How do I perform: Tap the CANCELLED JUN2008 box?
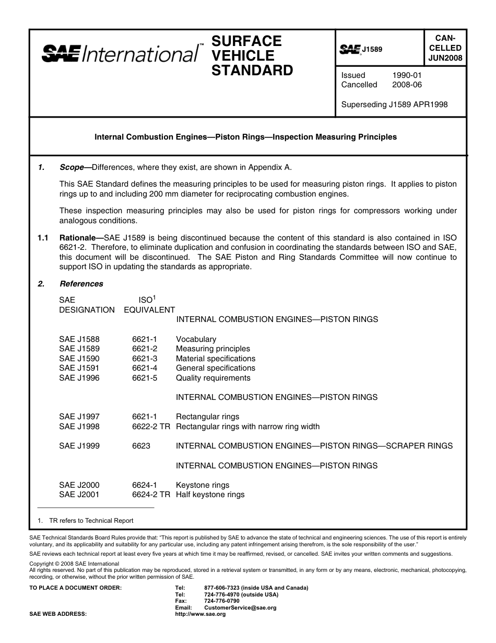445,48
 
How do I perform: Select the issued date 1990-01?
407,75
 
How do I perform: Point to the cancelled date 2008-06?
407,85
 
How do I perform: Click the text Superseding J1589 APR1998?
394,104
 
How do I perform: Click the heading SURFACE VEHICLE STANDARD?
252,55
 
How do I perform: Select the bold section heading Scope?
72,168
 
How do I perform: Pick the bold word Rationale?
77,238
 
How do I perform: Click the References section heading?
81,284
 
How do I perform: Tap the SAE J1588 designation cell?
79,339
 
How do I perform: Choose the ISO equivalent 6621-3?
145,359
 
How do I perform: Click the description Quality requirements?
213,378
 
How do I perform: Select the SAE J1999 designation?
79,446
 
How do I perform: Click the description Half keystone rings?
210,495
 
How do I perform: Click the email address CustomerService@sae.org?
240,608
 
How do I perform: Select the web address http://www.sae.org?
200,614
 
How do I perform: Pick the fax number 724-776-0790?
222,601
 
